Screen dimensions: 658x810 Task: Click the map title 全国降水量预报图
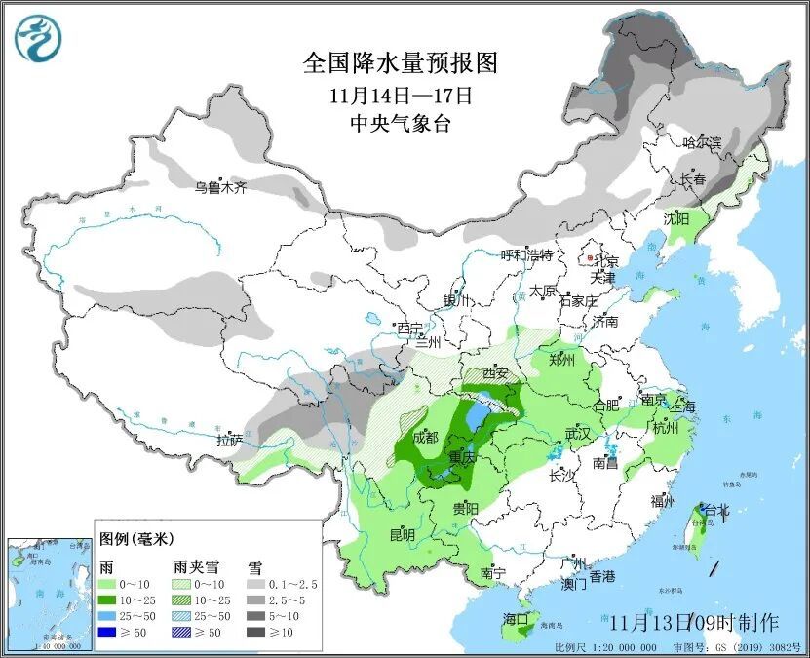401,64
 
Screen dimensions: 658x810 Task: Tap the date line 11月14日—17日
401,96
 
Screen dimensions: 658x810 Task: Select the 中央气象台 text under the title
401,123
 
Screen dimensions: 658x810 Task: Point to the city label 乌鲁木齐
220,186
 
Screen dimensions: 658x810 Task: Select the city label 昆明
402,535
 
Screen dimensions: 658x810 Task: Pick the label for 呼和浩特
526,255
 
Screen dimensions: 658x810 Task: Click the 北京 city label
605,261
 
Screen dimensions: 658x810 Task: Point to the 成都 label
426,438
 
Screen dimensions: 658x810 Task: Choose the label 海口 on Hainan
516,619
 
